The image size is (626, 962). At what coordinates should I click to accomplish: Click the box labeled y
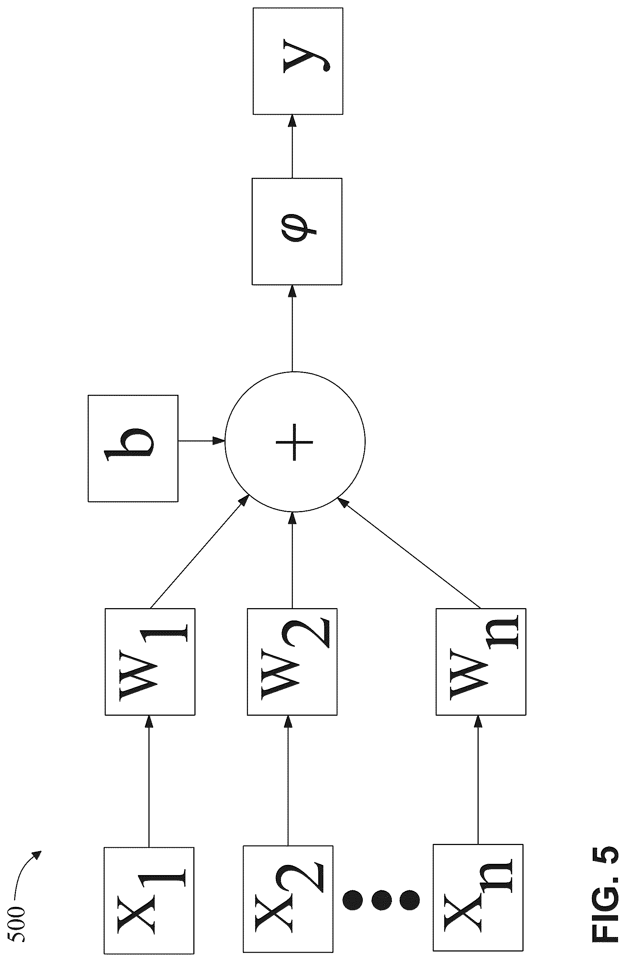coord(298,61)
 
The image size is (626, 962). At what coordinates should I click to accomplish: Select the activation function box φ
coord(297,231)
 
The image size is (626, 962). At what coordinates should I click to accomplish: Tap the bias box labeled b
coord(133,448)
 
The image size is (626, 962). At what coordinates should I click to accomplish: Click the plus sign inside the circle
coord(294,442)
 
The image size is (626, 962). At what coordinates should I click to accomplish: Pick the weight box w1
coord(150,662)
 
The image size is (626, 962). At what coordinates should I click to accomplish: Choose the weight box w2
coord(292,662)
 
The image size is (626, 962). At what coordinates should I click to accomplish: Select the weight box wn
coord(481,662)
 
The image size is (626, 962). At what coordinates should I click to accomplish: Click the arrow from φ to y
coord(292,146)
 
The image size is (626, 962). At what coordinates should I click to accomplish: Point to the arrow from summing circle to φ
coord(292,328)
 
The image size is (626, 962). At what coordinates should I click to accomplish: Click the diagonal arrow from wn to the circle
coord(409,553)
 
